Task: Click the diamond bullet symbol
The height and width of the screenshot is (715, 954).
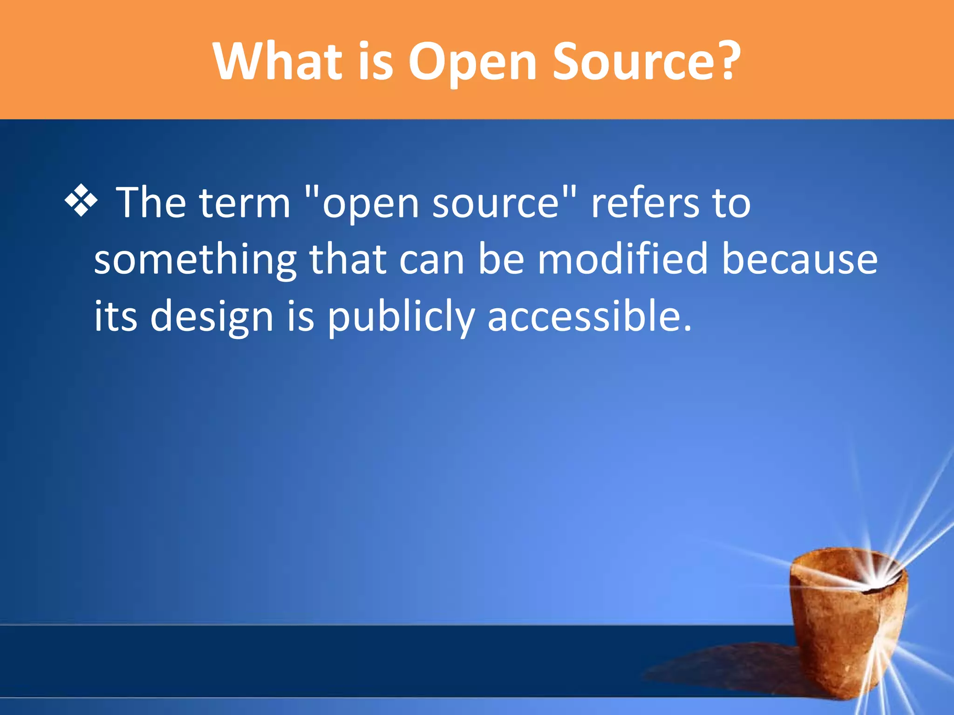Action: click(82, 201)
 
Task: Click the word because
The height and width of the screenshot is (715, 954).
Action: click(799, 259)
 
